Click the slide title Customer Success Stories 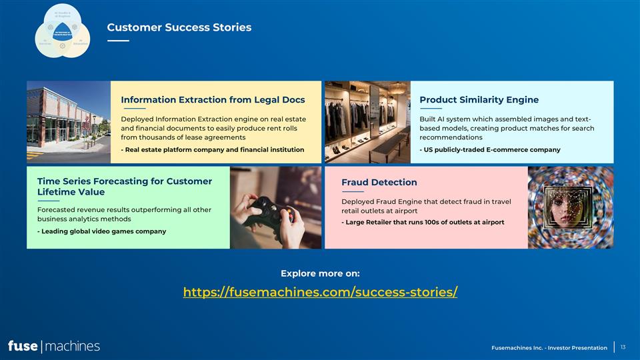(179, 27)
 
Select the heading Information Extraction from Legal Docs (213, 100)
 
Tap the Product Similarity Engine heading (479, 100)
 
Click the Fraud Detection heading (379, 182)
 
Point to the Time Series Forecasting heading (125, 187)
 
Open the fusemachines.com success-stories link (320, 292)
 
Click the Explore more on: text (320, 273)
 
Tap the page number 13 (623, 347)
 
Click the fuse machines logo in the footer (53, 345)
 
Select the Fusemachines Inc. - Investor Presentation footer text (549, 347)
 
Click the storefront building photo (68, 122)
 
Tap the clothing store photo (367, 122)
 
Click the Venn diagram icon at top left (62, 30)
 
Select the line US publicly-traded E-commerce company (489, 149)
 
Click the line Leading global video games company (101, 231)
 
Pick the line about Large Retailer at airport (423, 222)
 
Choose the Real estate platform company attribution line (212, 149)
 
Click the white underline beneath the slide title (118, 41)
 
